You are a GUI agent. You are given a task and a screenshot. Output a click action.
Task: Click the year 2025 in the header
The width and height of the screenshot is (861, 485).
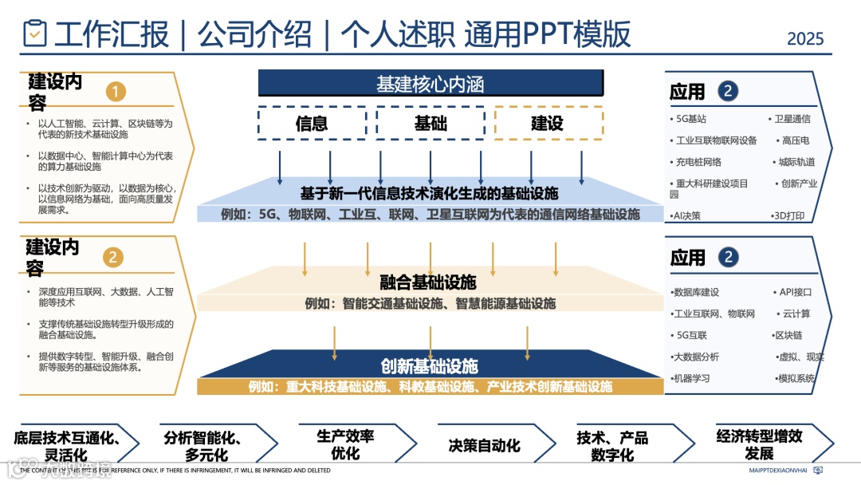[805, 38]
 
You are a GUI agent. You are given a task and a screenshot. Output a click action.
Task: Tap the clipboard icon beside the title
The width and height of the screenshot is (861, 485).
[34, 34]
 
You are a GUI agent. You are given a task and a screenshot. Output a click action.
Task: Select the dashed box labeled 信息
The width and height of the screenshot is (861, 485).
[312, 123]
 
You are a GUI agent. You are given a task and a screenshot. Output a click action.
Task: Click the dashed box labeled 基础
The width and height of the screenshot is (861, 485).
[431, 123]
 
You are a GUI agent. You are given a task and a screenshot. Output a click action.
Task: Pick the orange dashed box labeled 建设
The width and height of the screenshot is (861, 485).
[548, 123]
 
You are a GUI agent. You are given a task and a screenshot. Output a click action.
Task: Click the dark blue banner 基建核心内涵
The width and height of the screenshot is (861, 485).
[430, 84]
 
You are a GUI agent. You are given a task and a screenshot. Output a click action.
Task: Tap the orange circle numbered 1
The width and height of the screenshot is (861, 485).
[116, 92]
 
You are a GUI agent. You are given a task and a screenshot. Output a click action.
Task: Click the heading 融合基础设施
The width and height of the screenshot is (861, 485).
[428, 282]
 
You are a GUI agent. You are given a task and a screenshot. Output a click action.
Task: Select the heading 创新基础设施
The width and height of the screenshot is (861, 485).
[430, 366]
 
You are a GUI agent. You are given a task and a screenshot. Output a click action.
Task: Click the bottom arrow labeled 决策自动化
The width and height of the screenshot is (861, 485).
[484, 445]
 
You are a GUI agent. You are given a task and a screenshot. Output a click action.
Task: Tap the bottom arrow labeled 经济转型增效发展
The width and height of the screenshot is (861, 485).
[759, 445]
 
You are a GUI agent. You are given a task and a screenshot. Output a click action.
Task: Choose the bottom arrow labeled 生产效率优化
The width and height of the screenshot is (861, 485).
[345, 445]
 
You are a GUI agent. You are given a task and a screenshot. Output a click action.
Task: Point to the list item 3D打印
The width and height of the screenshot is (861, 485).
[790, 215]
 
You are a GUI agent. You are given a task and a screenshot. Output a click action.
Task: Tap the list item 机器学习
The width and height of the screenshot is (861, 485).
[691, 378]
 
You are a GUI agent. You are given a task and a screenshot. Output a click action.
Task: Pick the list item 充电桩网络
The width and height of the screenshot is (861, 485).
[698, 162]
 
